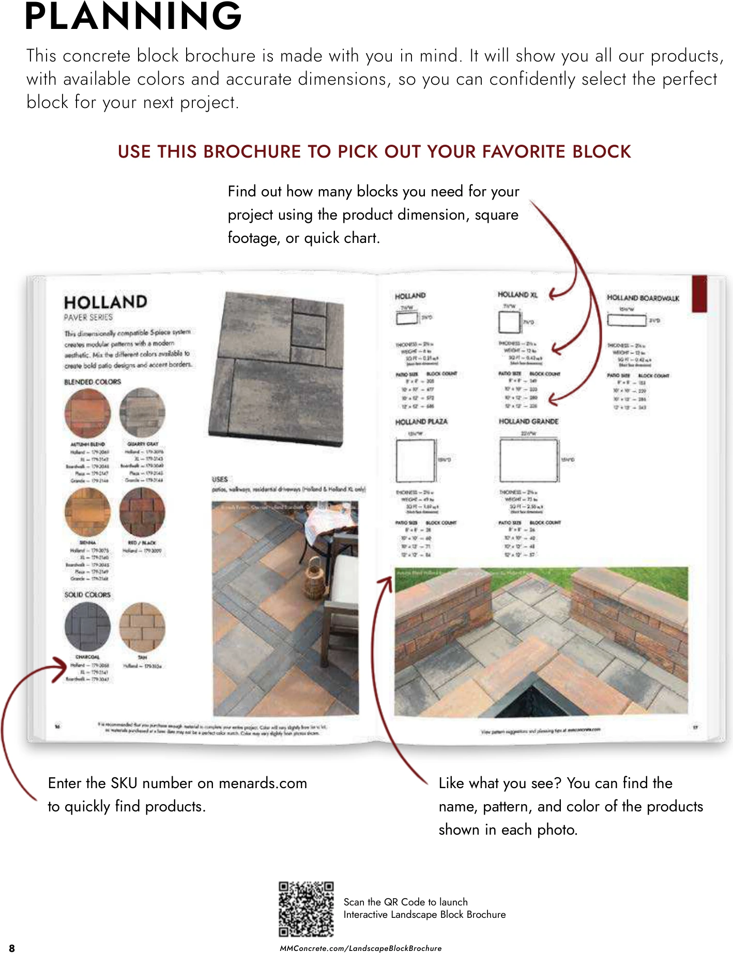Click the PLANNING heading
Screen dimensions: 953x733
click(133, 17)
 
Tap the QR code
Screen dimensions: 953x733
click(306, 909)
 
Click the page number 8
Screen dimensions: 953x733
click(12, 948)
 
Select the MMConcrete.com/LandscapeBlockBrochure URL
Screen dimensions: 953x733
click(360, 948)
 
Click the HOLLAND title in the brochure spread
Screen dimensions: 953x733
click(105, 302)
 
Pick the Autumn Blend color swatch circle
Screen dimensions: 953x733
click(88, 413)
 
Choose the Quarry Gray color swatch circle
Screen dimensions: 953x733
click(142, 412)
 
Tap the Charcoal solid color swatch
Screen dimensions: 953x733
click(88, 626)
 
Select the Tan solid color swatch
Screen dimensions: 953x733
click(142, 626)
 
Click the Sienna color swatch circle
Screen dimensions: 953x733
click(88, 512)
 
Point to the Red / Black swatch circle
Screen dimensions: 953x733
click(142, 512)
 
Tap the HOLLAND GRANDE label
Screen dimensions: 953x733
click(528, 421)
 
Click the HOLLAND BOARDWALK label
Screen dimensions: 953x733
click(643, 298)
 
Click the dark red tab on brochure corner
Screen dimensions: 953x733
click(699, 293)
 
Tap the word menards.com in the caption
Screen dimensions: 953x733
click(263, 783)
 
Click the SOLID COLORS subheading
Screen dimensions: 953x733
click(87, 595)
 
